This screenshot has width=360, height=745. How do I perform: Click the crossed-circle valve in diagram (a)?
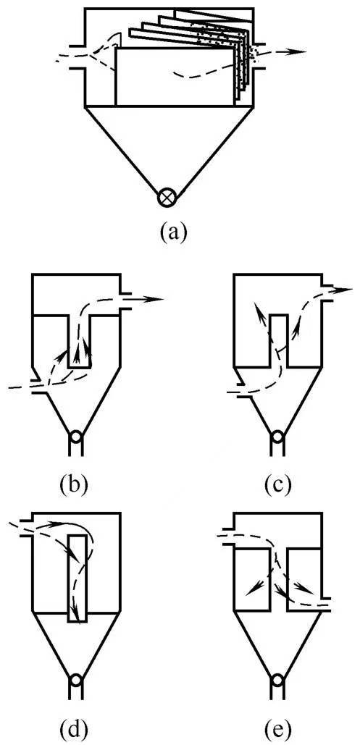tap(167, 197)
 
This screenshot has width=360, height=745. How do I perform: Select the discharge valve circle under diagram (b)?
tap(75, 437)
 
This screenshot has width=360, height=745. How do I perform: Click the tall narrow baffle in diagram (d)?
tap(78, 578)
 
